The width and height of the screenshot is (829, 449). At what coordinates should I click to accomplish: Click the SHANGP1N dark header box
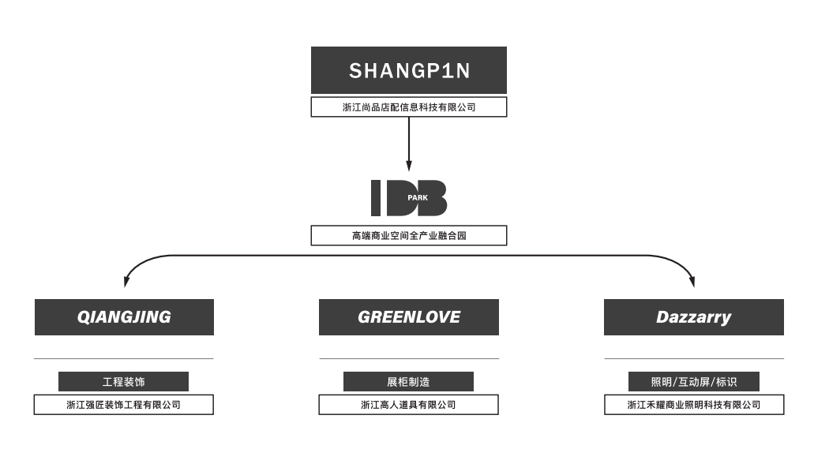(408, 70)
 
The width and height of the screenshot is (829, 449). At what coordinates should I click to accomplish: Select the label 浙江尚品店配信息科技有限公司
(408, 107)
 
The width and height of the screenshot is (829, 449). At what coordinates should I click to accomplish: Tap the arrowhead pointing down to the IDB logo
(408, 167)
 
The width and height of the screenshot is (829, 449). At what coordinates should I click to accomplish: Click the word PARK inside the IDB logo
(418, 198)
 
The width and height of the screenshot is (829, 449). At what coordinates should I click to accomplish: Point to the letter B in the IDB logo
(434, 198)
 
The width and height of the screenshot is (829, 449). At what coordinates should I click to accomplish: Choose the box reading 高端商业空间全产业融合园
(408, 235)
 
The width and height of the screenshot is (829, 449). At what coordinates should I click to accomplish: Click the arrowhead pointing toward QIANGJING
(127, 281)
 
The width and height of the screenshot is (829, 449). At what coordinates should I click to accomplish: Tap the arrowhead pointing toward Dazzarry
(692, 281)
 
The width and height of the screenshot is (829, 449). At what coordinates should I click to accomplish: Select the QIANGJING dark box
(124, 317)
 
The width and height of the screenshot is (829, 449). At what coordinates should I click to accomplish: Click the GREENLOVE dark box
(408, 317)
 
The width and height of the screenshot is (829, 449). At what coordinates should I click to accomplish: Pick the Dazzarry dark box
(693, 317)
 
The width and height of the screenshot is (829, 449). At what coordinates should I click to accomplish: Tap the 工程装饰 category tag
(124, 382)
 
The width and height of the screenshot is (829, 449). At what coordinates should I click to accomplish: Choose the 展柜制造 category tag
(408, 382)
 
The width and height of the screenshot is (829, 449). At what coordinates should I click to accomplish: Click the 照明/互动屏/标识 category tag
(693, 382)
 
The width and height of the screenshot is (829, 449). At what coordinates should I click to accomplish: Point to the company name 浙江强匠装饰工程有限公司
(124, 405)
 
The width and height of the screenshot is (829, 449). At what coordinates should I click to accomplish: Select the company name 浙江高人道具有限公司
(408, 405)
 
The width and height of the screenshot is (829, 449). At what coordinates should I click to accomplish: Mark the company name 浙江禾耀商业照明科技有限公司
(693, 405)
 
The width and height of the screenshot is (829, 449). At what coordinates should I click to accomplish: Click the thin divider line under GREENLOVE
(408, 359)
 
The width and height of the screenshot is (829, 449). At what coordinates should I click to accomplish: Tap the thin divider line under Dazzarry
(693, 359)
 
